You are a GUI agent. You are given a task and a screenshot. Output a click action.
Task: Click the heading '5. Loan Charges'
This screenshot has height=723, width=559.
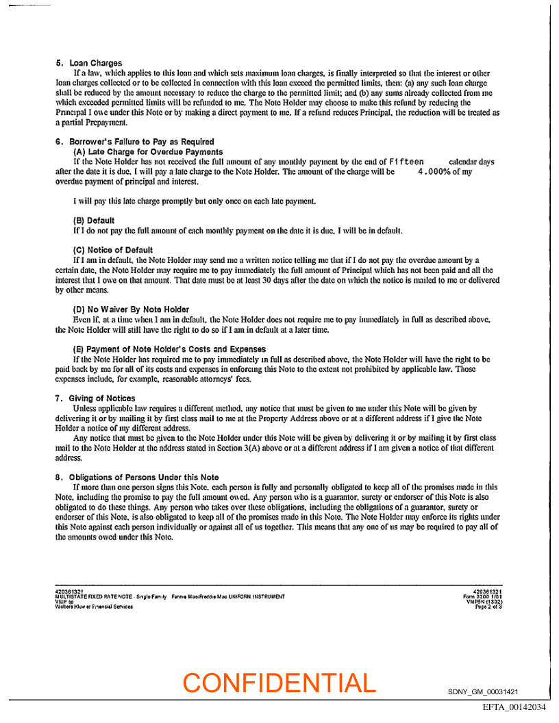89,64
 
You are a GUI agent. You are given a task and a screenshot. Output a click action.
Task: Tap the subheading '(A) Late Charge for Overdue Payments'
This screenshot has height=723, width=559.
147,151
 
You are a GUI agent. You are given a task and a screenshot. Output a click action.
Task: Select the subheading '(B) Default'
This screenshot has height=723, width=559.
94,220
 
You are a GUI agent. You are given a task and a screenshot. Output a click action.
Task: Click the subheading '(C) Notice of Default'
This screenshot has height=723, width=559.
113,250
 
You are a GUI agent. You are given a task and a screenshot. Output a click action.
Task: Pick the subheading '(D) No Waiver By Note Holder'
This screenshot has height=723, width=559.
131,309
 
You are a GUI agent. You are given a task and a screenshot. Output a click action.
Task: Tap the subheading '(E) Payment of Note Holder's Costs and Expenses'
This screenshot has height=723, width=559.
169,349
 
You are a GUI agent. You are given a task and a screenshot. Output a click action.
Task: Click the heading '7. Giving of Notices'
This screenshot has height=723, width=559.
95,398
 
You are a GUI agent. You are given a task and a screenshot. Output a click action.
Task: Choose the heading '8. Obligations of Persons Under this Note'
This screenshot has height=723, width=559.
137,477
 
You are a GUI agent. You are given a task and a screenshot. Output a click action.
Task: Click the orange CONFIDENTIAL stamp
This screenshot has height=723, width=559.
279,683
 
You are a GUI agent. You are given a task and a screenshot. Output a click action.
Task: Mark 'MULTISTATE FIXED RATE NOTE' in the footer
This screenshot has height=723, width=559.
86,597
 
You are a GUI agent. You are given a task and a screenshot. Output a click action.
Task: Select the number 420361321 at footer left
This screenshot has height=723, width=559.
69,592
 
